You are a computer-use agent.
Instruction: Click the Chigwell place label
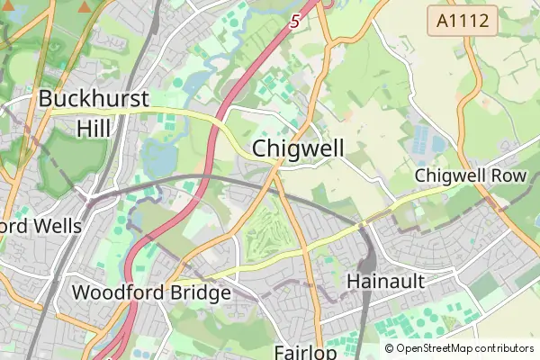(298, 148)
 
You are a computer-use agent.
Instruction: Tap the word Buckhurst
(93, 100)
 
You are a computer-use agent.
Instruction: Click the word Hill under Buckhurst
(94, 128)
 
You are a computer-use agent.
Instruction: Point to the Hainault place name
(385, 282)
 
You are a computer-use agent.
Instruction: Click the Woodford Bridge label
(151, 292)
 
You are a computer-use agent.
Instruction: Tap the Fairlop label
(306, 351)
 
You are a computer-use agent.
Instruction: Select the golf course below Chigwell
(268, 229)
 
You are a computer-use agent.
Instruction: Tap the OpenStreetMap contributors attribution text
(459, 348)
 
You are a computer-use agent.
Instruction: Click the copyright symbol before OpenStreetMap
(390, 348)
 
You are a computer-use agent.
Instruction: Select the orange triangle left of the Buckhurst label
(84, 7)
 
